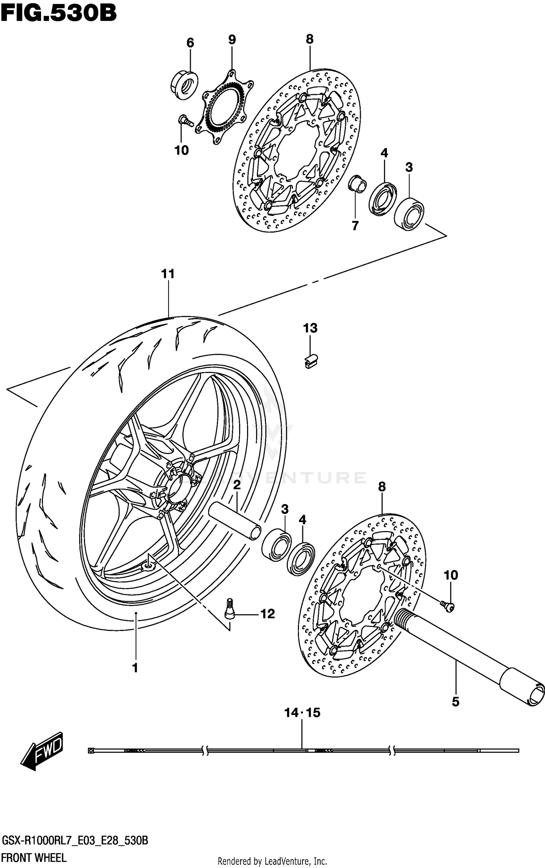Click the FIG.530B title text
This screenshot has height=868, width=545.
(x=58, y=14)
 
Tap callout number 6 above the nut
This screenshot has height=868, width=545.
(x=190, y=43)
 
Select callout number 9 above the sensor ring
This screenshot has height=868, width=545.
(x=232, y=39)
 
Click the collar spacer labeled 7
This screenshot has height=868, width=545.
(x=357, y=184)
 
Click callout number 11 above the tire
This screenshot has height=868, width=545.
(x=168, y=273)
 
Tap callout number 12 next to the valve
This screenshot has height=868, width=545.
(x=267, y=614)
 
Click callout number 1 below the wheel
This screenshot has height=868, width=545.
(x=135, y=668)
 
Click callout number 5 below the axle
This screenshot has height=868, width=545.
(x=455, y=702)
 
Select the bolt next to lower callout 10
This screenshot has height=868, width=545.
(x=448, y=606)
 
